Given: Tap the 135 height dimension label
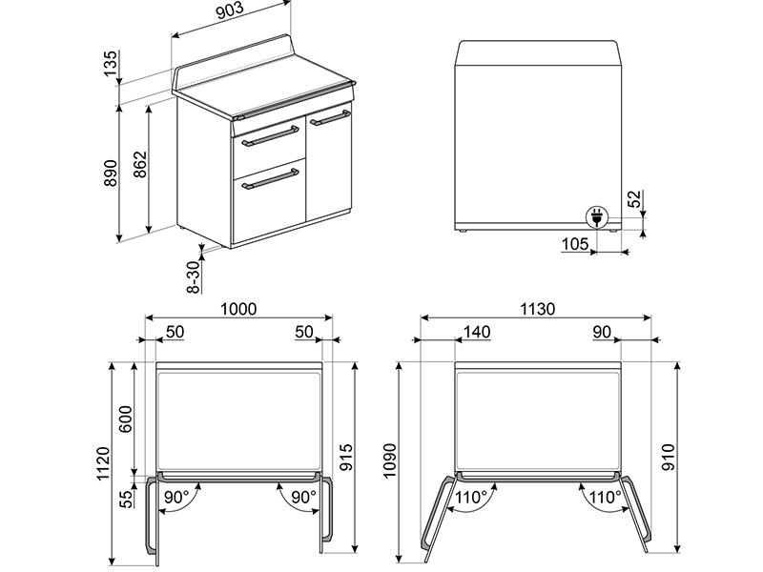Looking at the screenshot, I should [x=112, y=65].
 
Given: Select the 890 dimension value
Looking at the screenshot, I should [x=112, y=173].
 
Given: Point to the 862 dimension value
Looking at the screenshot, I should [x=139, y=169].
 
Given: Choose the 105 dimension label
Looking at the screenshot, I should [x=575, y=244].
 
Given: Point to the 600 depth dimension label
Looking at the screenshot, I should [x=124, y=417].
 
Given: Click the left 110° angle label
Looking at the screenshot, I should [x=470, y=497].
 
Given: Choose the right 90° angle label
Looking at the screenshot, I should [x=303, y=497].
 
